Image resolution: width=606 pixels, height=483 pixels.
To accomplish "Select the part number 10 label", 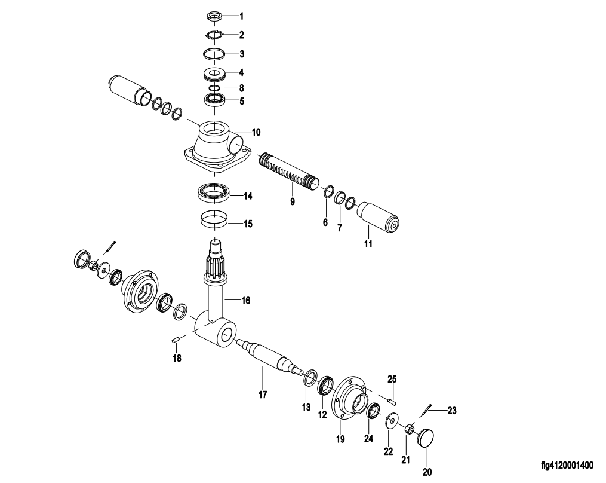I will tap(256, 133).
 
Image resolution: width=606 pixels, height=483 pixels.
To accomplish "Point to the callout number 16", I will tap(245, 300).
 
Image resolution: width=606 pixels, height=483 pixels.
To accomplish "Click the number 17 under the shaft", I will tap(262, 395).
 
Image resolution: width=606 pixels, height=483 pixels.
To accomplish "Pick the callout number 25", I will tap(392, 378).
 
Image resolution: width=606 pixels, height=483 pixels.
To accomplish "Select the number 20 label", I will tap(426, 471).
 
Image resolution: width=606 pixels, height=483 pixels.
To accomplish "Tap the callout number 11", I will tap(368, 244).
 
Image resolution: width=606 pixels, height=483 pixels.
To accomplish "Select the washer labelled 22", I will tap(392, 421).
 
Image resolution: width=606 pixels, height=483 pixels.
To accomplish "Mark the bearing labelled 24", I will tap(373, 411).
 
